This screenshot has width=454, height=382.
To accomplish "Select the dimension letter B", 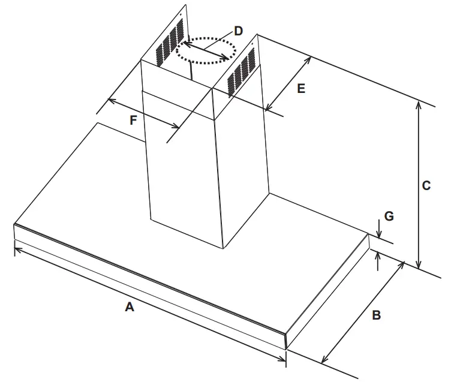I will point(376,314).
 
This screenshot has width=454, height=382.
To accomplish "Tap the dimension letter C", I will point(426,186).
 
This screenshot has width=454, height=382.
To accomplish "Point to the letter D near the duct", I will point(239,31).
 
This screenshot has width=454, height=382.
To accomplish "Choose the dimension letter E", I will point(301,88).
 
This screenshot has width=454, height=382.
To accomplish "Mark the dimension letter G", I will point(389,216).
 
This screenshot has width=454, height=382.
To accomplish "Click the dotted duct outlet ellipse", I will point(206,52).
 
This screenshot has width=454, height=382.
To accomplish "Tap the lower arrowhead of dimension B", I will point(324,360).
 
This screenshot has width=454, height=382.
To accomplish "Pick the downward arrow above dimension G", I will point(378,231).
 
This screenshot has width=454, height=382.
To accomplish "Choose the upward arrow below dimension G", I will point(378,257).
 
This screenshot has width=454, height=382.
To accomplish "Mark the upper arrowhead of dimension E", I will point(308,59).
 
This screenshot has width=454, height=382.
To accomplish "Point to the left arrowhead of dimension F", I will point(110,101).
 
